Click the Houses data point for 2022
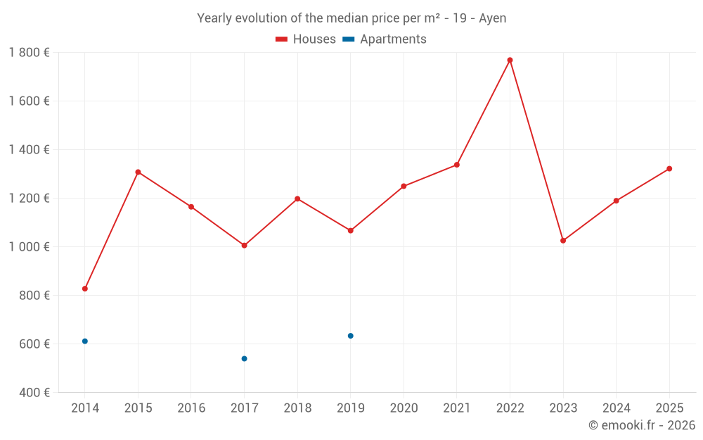coord(510,60)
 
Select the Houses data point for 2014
coord(85,289)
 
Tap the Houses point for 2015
coord(138,172)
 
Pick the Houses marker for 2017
coord(244,246)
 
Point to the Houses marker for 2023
coord(563,241)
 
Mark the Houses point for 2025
coord(669,168)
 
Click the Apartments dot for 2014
coord(85,341)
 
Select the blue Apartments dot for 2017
coord(244,359)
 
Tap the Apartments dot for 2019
coord(350,336)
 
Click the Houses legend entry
coord(306,39)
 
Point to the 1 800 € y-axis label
coord(29,52)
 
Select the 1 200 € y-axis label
coord(29,198)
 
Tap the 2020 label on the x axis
coord(404,408)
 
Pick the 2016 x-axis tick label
coord(191,408)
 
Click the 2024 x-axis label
coord(616,408)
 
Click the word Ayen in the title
coord(492,18)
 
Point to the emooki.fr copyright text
coord(642,425)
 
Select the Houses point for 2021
coord(457,165)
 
